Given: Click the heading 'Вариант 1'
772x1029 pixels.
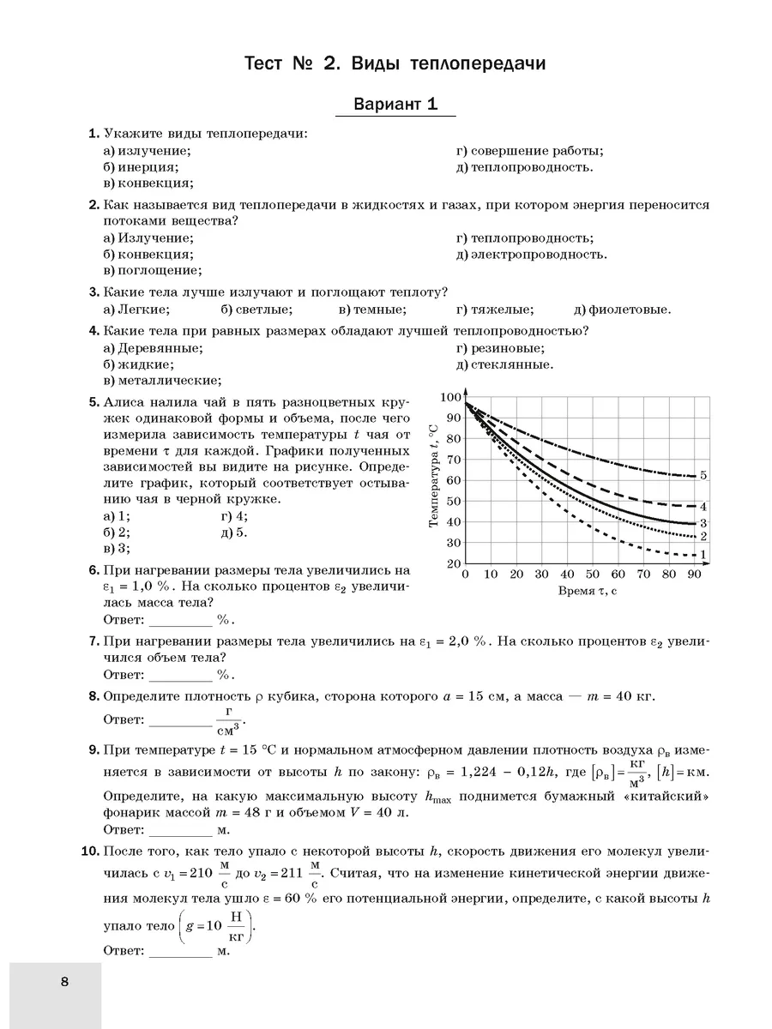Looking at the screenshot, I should point(396,105).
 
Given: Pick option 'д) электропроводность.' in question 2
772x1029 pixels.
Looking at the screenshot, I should point(532,255).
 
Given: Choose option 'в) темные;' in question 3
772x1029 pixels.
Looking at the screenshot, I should point(372,310).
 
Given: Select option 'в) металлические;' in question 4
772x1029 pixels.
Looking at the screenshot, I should point(162,381).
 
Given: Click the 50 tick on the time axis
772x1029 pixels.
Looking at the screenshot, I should point(593,575).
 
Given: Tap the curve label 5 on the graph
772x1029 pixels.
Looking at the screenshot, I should point(703,475).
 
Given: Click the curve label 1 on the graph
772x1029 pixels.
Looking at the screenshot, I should point(703,554).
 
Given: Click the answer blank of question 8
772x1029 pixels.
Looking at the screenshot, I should point(182,721).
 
